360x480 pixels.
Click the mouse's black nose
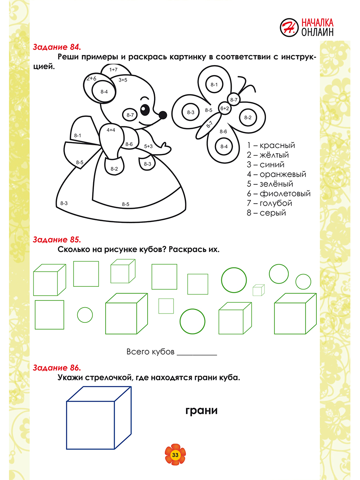(163, 115)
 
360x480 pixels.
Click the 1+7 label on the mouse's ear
(113, 70)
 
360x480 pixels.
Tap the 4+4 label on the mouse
(111, 130)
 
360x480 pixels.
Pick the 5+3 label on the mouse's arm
(148, 146)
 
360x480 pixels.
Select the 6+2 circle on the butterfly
(224, 108)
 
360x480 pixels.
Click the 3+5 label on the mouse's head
(123, 80)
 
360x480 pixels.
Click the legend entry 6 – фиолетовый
(278, 194)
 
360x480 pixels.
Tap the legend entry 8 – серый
(266, 213)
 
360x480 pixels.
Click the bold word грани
(202, 410)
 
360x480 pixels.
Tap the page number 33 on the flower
(175, 455)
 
